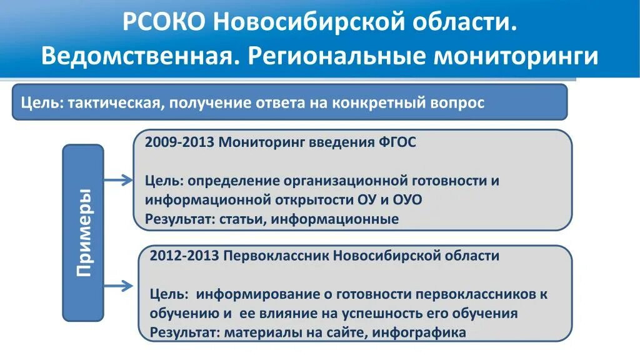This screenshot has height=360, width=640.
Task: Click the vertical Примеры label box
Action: [83, 232]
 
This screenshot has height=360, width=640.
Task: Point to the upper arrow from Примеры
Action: [118, 180]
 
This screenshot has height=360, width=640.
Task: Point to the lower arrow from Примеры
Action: [118, 286]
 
